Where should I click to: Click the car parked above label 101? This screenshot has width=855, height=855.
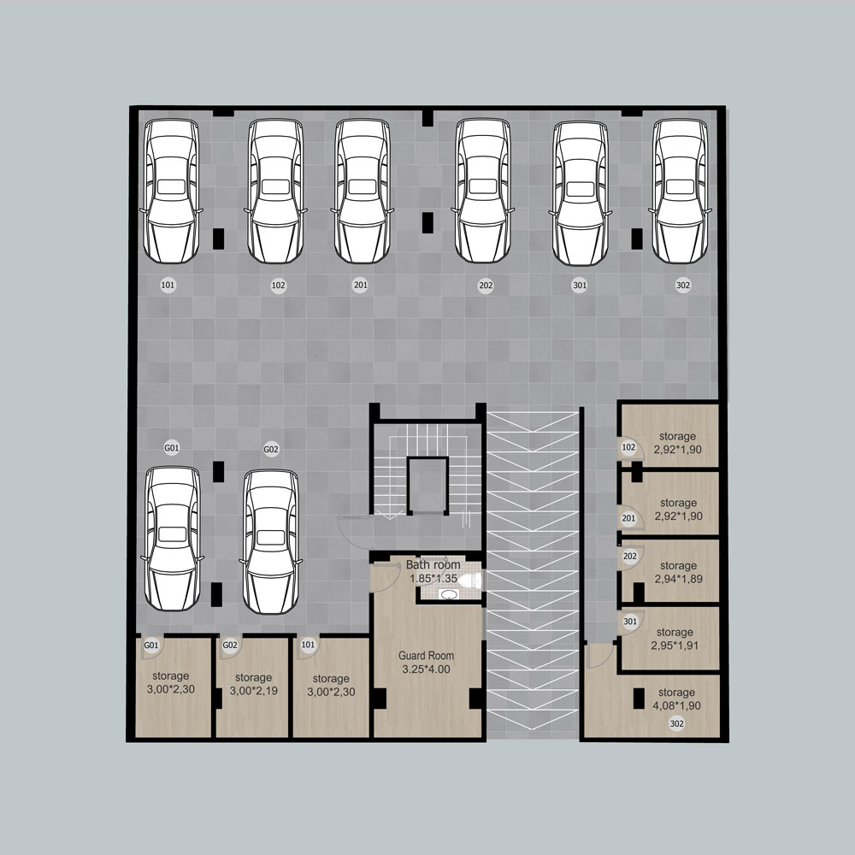pos(171,191)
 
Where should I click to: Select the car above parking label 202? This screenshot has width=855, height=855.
pos(483,191)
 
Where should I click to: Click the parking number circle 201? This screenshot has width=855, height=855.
pos(360,285)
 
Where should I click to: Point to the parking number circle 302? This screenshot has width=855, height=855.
pos(682,285)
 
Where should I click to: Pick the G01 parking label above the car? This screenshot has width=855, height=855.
pos(172,448)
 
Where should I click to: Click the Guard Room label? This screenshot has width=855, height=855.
pos(426,656)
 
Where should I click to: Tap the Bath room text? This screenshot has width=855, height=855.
pos(433,565)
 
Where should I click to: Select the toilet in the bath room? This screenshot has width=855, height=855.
pos(469,581)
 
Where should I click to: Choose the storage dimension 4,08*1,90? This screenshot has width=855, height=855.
pos(676,705)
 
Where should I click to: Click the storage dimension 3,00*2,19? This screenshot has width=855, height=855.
pos(254,691)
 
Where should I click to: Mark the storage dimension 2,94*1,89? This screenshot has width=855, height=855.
pos(678,579)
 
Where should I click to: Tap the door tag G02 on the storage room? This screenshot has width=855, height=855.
pos(229,645)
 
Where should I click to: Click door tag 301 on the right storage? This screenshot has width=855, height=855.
pos(630,622)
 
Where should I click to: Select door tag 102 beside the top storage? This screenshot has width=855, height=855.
pos(628,448)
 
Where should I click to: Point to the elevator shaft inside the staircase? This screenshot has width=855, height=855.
pos(428,486)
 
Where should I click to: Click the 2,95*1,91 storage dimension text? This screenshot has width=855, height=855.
pos(675,646)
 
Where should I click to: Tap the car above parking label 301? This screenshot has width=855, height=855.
pos(581,192)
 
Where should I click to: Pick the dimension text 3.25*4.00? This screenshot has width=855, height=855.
pos(426,669)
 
